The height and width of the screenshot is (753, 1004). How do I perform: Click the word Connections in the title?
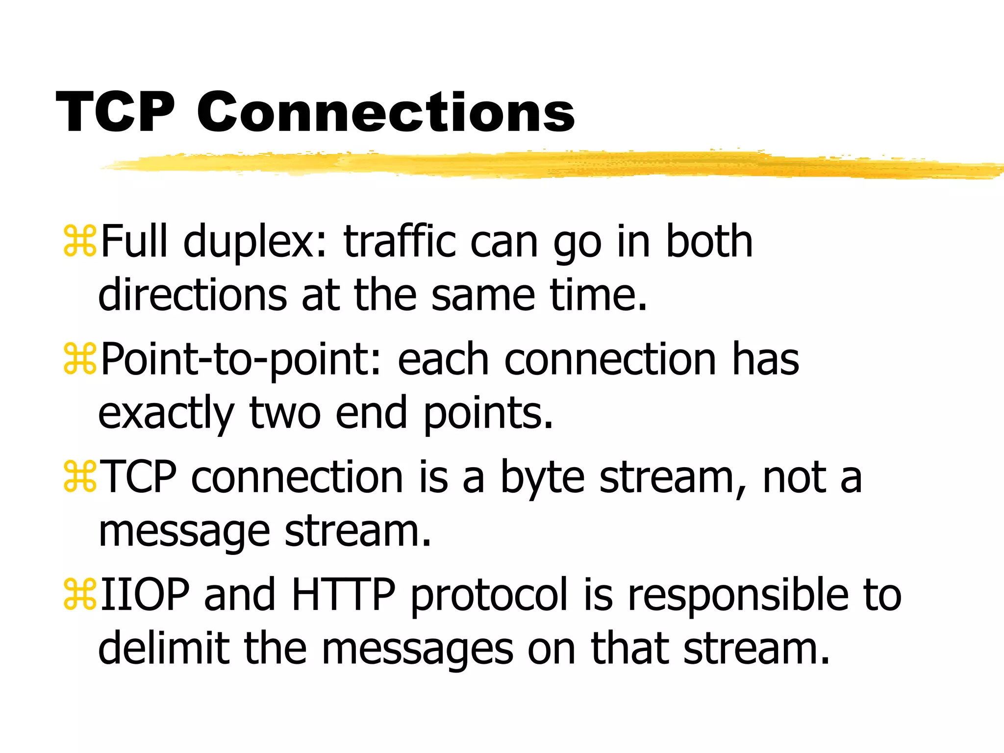[386, 113]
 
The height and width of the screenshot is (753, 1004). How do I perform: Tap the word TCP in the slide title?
[116, 113]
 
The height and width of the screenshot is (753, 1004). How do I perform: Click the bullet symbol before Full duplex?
[80, 241]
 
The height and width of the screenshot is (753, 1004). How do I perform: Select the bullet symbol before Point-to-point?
[80, 359]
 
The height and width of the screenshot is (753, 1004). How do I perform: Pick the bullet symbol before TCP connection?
[80, 477]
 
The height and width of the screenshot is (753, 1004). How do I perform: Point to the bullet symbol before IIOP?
[80, 595]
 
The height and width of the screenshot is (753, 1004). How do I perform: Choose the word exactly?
[165, 414]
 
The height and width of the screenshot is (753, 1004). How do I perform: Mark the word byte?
[542, 478]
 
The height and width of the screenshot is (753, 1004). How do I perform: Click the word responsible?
[738, 596]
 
